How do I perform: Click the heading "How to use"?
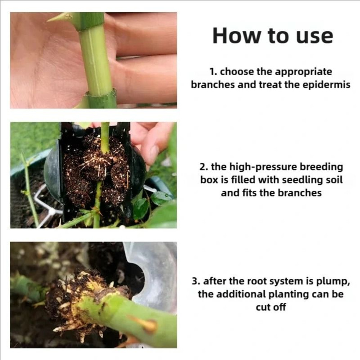(273, 36)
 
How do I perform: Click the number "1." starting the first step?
(214, 72)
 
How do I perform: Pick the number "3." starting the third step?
(196, 281)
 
